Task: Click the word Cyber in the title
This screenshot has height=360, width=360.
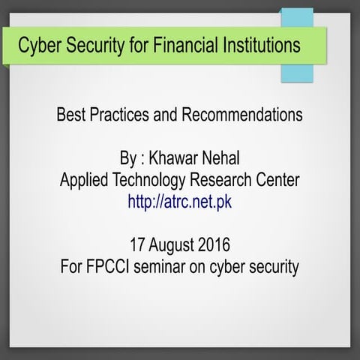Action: pyautogui.click(x=37, y=45)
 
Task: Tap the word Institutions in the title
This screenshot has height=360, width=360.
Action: pyautogui.click(x=259, y=45)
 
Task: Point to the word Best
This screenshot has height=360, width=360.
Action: pyautogui.click(x=71, y=115)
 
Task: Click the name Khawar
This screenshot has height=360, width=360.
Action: pyautogui.click(x=174, y=160)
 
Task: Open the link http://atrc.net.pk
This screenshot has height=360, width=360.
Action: pyautogui.click(x=180, y=202)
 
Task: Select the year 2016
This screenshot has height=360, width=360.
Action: pyautogui.click(x=218, y=244)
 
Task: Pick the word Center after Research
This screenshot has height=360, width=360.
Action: pyautogui.click(x=277, y=181)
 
